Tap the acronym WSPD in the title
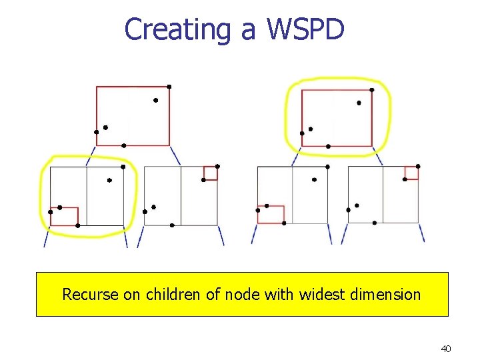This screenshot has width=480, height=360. tap(306, 30)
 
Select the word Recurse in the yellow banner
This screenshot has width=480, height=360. tap(91, 294)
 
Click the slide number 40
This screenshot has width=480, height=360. tap(446, 349)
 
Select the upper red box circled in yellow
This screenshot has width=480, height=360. tap(337, 118)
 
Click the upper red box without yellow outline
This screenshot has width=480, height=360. tap(133, 116)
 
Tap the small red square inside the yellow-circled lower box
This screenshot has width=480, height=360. tap(65, 217)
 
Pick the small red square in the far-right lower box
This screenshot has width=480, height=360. tap(411, 173)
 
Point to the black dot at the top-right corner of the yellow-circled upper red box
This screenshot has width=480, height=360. tap(371, 89)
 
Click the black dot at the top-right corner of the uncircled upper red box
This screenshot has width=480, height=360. tap(169, 87)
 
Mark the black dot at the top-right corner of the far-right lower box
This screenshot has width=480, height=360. tap(418, 166)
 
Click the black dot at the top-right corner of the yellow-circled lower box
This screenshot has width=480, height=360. tap(123, 167)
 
